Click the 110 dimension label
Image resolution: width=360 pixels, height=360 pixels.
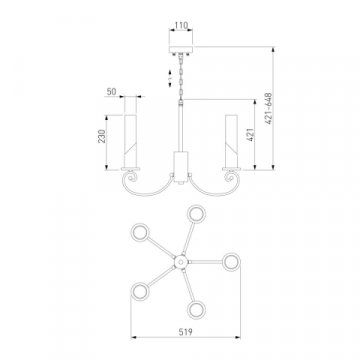(x=181, y=25)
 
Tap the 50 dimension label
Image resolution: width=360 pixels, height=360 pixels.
(x=112, y=91)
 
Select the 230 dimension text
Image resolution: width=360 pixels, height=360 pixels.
(x=102, y=136)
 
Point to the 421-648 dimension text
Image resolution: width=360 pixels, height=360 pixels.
(x=269, y=109)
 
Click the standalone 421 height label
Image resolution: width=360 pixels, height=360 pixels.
(x=250, y=134)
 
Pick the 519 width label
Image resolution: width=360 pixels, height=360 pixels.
(x=185, y=332)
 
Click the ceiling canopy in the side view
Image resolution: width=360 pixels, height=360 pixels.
(x=181, y=50)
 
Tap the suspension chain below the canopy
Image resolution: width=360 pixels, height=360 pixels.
(x=181, y=77)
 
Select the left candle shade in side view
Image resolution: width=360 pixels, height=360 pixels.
(x=130, y=141)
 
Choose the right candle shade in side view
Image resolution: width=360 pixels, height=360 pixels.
(x=231, y=141)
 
